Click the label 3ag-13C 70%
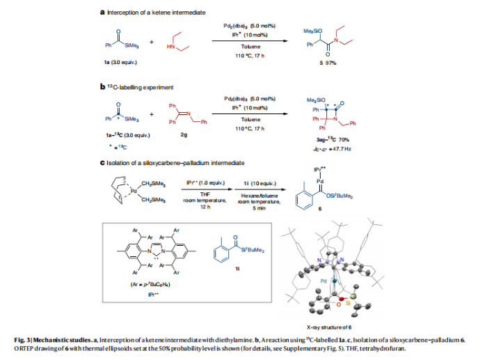(x=323, y=140)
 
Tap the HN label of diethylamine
(x=171, y=46)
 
